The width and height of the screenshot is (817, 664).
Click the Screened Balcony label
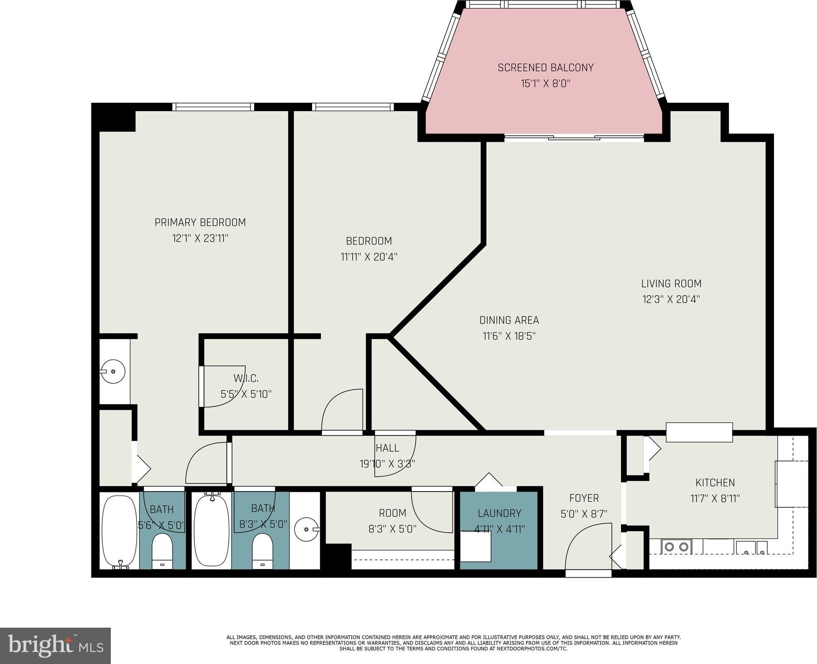click(545, 67)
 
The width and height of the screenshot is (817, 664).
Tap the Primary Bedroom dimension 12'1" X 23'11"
click(200, 238)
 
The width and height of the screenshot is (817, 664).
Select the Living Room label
click(671, 283)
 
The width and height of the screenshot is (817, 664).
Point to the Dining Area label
click(509, 320)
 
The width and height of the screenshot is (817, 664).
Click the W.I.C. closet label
click(246, 378)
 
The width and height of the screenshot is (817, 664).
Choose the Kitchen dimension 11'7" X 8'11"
click(715, 498)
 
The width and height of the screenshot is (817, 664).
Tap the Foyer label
click(584, 498)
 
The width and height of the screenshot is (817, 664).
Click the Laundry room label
click(499, 513)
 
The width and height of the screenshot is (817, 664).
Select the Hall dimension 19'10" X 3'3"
click(387, 464)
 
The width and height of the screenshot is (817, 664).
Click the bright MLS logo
click(55, 645)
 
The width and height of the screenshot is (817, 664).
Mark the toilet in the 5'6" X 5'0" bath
click(162, 551)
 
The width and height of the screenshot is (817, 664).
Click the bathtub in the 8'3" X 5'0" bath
click(211, 531)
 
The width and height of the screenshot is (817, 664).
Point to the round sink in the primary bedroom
click(113, 371)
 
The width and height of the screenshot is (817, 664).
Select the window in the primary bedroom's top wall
click(213, 107)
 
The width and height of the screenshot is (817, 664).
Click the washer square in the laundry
click(475, 547)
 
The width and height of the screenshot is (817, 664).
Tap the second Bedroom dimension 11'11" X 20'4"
click(369, 257)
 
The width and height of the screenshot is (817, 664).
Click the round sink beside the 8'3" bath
click(307, 529)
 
